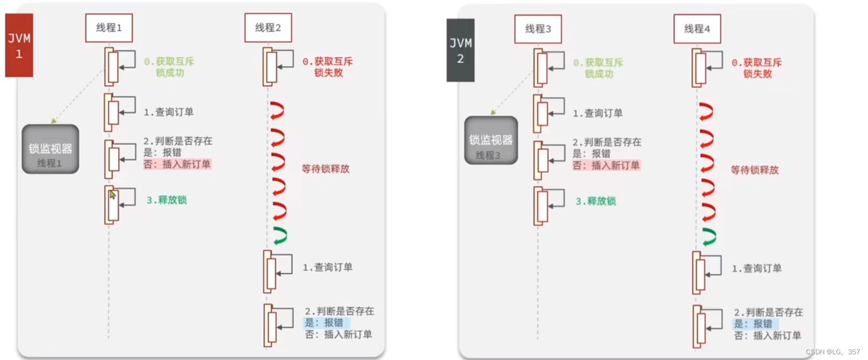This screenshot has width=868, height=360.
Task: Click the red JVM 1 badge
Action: tap(19, 46)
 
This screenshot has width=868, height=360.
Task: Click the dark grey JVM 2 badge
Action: tap(460, 50)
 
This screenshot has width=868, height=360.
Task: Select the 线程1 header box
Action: tap(109, 28)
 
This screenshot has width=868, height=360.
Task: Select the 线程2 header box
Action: tap(268, 28)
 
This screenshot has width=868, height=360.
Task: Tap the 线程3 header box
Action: tap(538, 29)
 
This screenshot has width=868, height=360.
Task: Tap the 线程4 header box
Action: tap(697, 29)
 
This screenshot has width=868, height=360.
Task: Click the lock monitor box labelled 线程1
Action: tap(50, 149)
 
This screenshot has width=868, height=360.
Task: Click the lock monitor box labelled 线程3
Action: tap(491, 141)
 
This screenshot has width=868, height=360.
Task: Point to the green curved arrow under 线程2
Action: tap(280, 235)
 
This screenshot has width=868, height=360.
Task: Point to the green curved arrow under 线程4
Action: tap(709, 236)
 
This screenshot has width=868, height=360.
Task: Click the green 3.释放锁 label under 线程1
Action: tap(166, 200)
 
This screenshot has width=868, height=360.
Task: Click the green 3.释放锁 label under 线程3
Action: tap(596, 201)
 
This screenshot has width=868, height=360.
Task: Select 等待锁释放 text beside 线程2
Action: tap(326, 169)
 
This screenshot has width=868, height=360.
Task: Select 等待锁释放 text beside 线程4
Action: tap(754, 170)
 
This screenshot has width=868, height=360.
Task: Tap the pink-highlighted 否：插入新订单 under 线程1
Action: tap(177, 164)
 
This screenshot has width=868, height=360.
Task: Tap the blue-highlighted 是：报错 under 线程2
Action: tap(324, 323)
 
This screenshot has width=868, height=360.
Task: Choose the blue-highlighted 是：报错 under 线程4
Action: tap(753, 324)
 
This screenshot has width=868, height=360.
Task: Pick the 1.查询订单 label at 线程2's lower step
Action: tap(327, 267)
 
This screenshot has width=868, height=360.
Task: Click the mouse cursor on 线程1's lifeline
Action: tap(113, 195)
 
